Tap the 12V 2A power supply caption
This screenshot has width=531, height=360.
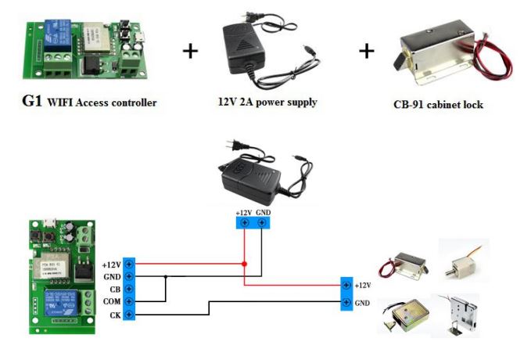pos(267,102)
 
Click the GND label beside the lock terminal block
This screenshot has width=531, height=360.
pos(362,302)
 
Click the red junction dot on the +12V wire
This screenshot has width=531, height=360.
pos(245,264)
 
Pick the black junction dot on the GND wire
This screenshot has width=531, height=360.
pos(167,276)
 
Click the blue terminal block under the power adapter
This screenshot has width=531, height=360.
pos(253,223)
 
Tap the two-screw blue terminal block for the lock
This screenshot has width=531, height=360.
pos(346,294)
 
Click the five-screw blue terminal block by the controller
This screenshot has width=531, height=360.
pos(130,289)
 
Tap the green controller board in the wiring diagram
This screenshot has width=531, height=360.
pos(58,278)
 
